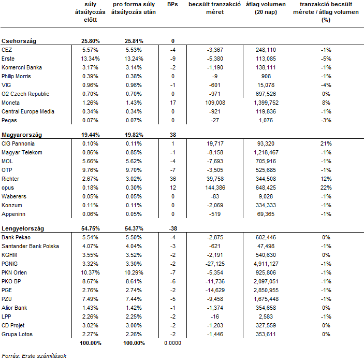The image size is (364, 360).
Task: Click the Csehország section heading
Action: pos(19,41)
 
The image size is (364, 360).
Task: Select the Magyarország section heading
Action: pos(22,135)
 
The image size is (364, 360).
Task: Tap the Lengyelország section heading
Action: pos(22,228)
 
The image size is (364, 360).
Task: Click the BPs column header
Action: pos(172,5)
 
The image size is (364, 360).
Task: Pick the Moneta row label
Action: pos(10,103)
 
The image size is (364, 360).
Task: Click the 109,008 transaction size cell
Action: pos(215,103)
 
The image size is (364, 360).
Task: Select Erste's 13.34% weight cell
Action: pos(90,59)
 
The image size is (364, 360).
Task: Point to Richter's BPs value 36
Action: pos(173,179)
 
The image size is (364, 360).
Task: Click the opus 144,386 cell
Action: pos(215,188)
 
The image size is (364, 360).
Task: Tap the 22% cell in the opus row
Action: pos(326,188)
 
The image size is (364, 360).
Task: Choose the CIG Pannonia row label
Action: pos(18,143)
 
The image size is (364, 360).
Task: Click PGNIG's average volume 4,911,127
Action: pos(266,264)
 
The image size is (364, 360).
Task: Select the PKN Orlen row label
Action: pos(14,272)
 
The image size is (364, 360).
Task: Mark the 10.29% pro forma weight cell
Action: pos(134,272)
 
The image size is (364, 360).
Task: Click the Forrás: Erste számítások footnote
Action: pos(34,356)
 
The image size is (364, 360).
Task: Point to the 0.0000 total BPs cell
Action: pos(172,343)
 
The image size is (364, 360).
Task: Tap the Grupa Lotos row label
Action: pos(17,334)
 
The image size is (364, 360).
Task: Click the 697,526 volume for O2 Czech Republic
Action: pos(266,94)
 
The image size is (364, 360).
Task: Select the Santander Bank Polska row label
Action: pos(30,246)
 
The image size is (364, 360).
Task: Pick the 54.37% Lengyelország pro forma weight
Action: pos(134,228)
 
